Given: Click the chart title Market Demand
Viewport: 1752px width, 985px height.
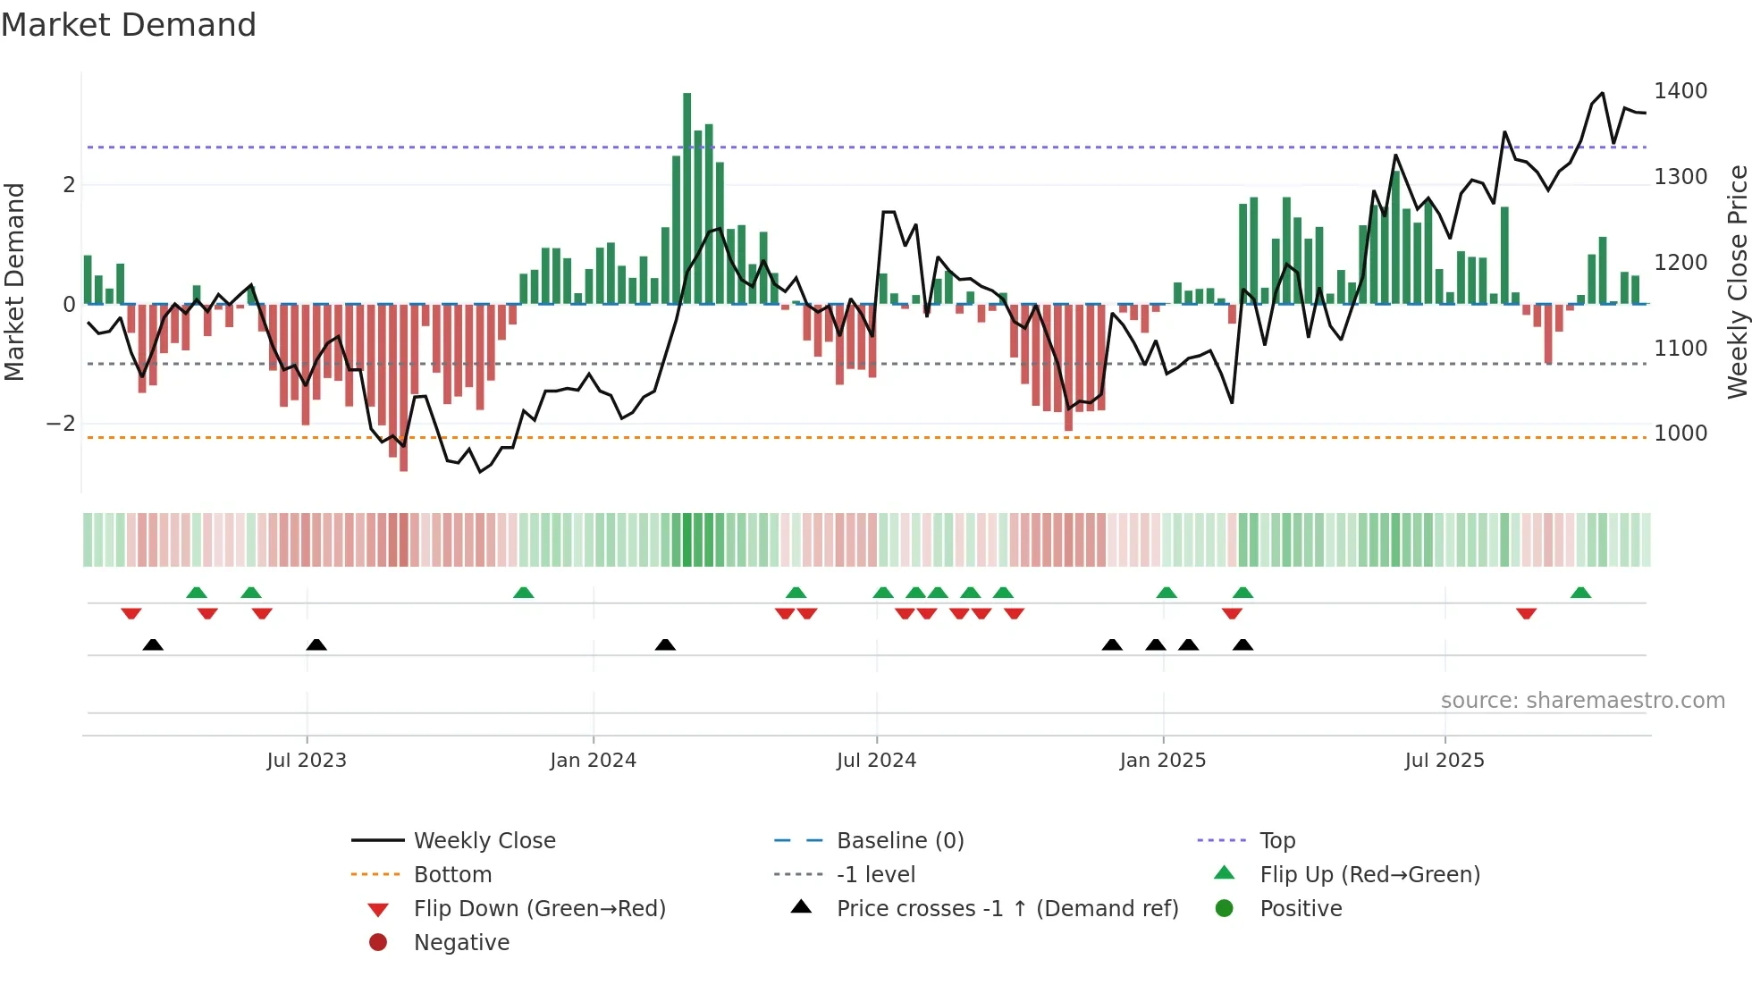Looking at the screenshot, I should [129, 25].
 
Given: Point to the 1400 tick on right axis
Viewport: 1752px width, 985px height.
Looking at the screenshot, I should [1680, 91].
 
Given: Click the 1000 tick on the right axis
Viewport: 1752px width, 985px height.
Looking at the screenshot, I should [1680, 434].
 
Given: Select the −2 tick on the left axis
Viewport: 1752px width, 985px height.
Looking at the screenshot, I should [61, 424].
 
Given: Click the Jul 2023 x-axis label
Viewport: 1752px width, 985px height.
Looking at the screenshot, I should [307, 761].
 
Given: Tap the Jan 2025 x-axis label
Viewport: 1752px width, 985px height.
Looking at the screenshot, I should [1162, 761].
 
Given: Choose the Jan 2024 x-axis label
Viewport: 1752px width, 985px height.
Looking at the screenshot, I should [593, 761].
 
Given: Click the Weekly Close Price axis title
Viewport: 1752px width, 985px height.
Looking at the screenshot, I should [1737, 282].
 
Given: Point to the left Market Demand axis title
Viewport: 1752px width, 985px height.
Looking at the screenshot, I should [14, 282].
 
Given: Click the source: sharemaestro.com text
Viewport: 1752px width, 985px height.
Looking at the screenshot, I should [1582, 701].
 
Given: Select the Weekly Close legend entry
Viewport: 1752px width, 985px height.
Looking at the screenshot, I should [484, 841].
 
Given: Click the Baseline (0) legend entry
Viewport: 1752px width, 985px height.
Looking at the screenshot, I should [899, 841].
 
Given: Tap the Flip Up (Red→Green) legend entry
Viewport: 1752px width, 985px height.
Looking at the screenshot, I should [1369, 875].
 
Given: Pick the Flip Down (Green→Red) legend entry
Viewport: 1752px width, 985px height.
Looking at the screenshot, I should [539, 909].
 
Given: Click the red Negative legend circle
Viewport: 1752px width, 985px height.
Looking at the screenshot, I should [378, 942].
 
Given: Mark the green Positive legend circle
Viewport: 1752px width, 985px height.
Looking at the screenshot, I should [1225, 909].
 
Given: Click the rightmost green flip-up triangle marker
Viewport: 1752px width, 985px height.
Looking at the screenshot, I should [1580, 593].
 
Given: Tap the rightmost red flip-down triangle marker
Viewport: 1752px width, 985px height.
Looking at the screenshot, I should [1526, 613].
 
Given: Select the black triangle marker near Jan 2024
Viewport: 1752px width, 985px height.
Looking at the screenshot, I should [665, 644].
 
